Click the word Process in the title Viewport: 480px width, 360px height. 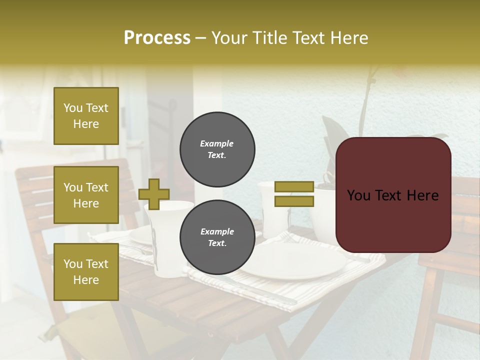click(x=157, y=38)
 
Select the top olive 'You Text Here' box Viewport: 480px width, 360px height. click(x=86, y=116)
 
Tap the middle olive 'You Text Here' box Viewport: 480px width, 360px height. click(x=86, y=195)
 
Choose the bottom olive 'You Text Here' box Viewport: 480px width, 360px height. click(x=86, y=272)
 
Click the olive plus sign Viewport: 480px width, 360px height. click(x=154, y=194)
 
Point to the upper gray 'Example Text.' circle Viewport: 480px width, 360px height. click(x=217, y=149)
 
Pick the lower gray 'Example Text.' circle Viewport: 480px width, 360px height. click(x=217, y=237)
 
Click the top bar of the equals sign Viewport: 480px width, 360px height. click(x=294, y=187)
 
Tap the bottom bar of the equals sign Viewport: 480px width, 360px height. click(x=294, y=201)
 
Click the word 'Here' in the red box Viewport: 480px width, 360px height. click(x=422, y=195)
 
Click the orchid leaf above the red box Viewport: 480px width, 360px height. click(x=332, y=130)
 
